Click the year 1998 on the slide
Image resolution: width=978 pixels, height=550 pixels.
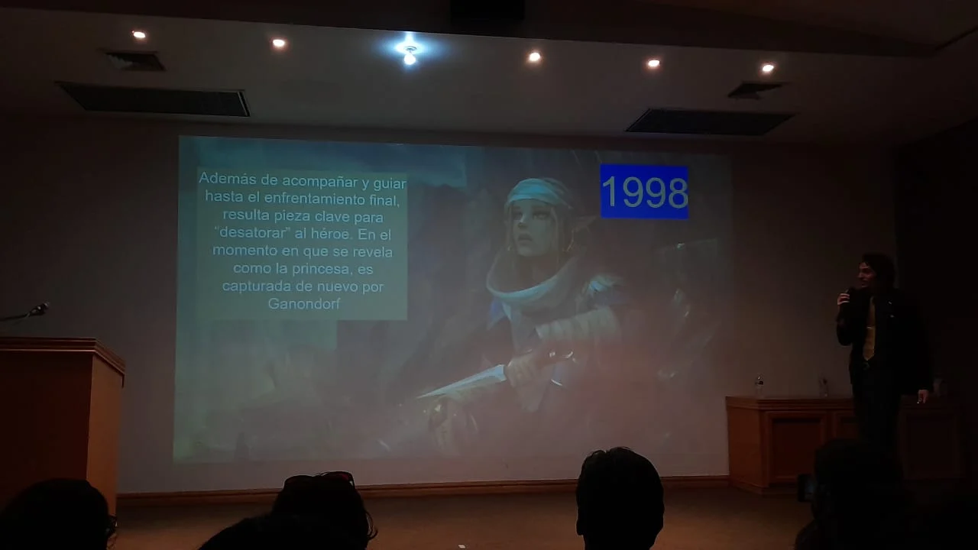pos(644,192)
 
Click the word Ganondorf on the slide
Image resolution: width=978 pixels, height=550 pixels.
pos(304,304)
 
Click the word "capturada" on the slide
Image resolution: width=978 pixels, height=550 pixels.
pos(254,286)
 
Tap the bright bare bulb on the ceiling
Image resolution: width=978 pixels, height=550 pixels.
pos(410,55)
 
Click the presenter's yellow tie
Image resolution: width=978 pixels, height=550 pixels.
pos(869,328)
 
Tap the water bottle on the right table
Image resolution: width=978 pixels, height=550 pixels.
pos(759,386)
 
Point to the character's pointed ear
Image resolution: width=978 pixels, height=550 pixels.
pos(582,221)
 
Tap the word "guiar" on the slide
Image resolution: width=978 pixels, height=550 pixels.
pos(390,183)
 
